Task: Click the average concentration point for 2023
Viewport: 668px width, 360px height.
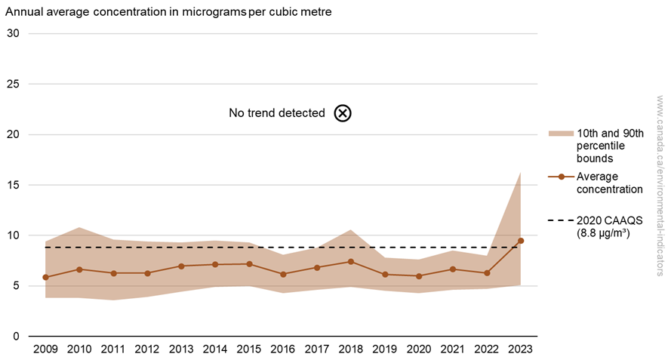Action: pos(521,241)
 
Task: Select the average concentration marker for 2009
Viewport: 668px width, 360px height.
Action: pos(46,277)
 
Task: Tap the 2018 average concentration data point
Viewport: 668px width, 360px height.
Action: pos(351,262)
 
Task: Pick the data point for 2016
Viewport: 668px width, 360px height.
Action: pos(283,274)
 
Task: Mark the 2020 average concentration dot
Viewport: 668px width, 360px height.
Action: pos(419,276)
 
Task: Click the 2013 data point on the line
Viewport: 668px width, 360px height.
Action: pos(181,266)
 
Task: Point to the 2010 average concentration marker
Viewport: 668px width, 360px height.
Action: pos(80,269)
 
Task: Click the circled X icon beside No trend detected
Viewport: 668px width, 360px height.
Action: pos(343,113)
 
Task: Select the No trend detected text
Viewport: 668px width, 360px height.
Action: pos(276,113)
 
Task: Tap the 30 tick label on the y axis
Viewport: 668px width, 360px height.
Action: pos(13,34)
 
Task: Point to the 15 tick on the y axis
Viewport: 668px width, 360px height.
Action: pos(13,185)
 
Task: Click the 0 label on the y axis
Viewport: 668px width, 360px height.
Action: pos(16,336)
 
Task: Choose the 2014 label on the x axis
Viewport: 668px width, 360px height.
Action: pos(215,349)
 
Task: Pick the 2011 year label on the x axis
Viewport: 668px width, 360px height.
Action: pos(114,349)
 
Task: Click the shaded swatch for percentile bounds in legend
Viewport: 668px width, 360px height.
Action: pos(560,134)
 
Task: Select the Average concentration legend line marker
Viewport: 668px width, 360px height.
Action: pos(560,177)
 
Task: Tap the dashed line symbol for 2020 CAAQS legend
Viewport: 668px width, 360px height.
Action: pos(560,220)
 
